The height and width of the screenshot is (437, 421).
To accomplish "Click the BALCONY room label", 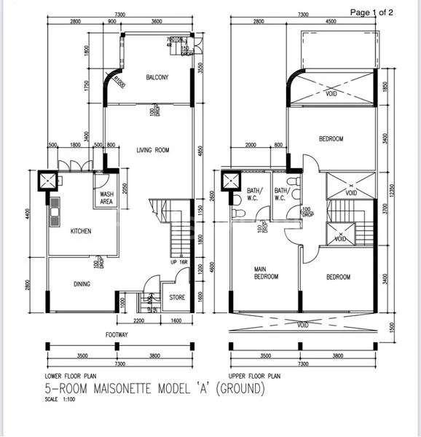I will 157,77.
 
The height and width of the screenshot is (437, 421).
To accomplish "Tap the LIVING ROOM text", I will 152,150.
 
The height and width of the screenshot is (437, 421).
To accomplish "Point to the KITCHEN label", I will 80,232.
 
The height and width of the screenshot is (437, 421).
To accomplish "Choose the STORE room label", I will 177,297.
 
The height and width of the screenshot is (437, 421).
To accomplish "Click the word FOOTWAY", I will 116,336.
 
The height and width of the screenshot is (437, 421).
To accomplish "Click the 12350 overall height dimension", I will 390,189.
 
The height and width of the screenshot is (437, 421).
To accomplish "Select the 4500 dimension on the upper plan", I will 331,22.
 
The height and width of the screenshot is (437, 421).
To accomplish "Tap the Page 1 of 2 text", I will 372,12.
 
